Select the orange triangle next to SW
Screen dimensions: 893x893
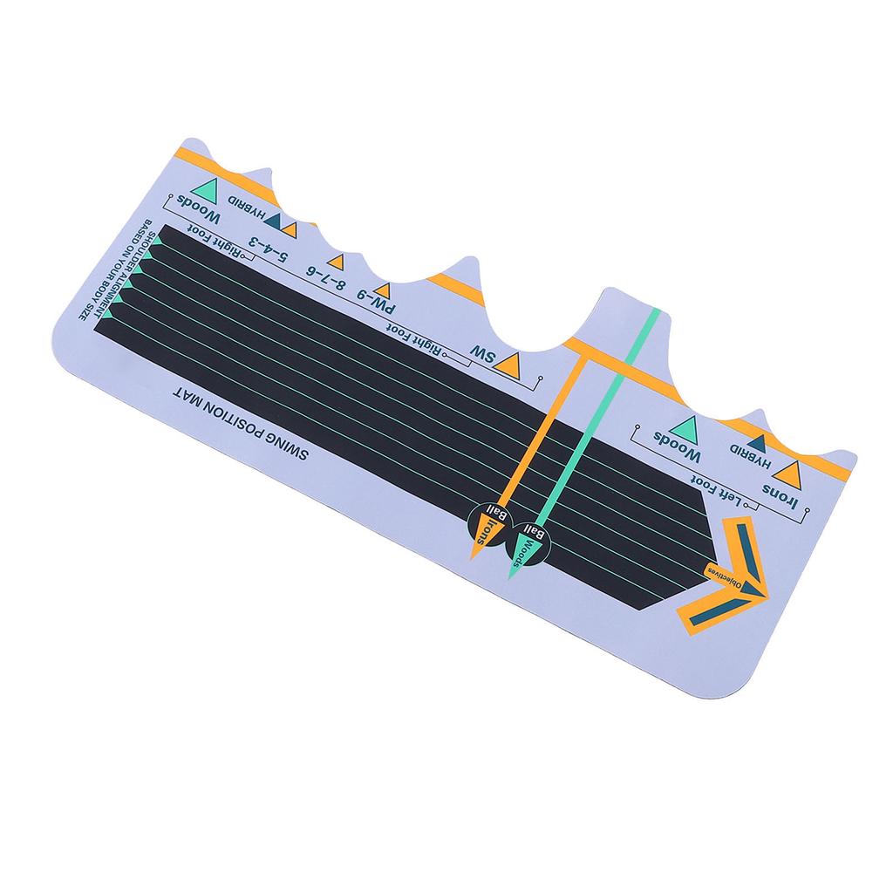pos(510,365)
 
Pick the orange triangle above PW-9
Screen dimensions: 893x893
pos(381,290)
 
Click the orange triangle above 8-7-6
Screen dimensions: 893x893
pos(336,262)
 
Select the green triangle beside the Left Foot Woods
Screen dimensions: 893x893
pos(685,428)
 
